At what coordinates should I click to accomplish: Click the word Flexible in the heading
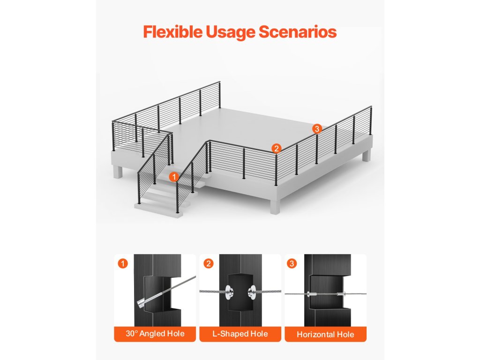172,32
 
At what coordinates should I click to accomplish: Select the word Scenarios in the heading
298,32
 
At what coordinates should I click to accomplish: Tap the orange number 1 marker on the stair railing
174,177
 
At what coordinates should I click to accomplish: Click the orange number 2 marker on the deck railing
276,149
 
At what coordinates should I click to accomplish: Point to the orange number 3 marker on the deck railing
317,129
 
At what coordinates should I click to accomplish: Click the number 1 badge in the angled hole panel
123,263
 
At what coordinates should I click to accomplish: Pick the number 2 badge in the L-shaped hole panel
209,263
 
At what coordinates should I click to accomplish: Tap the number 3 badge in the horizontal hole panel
292,263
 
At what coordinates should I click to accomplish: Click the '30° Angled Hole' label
155,334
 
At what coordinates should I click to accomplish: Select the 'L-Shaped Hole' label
240,334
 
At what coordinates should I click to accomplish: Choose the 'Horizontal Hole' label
325,334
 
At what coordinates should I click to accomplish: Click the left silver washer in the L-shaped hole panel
228,292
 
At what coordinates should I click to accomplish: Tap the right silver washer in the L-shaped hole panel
252,292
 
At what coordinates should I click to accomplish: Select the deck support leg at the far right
367,155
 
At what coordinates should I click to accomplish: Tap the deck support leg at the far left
118,172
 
